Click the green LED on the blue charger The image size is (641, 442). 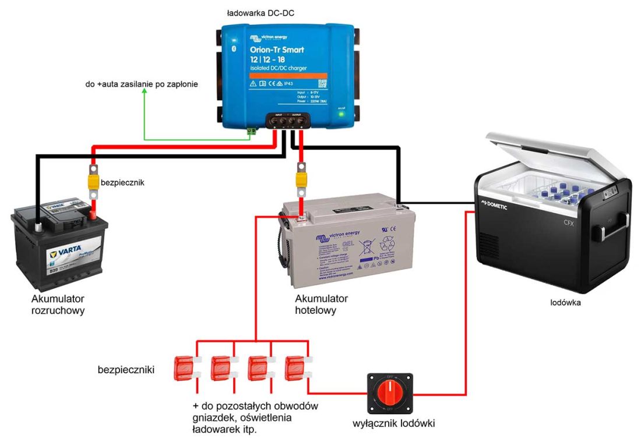tap(342, 115)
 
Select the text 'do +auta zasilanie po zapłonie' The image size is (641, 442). tap(140, 84)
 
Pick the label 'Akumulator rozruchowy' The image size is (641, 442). tap(59, 305)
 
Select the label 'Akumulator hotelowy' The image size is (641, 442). tap(322, 304)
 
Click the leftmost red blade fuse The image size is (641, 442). tap(185, 369)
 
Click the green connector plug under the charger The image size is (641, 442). tap(252, 132)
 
